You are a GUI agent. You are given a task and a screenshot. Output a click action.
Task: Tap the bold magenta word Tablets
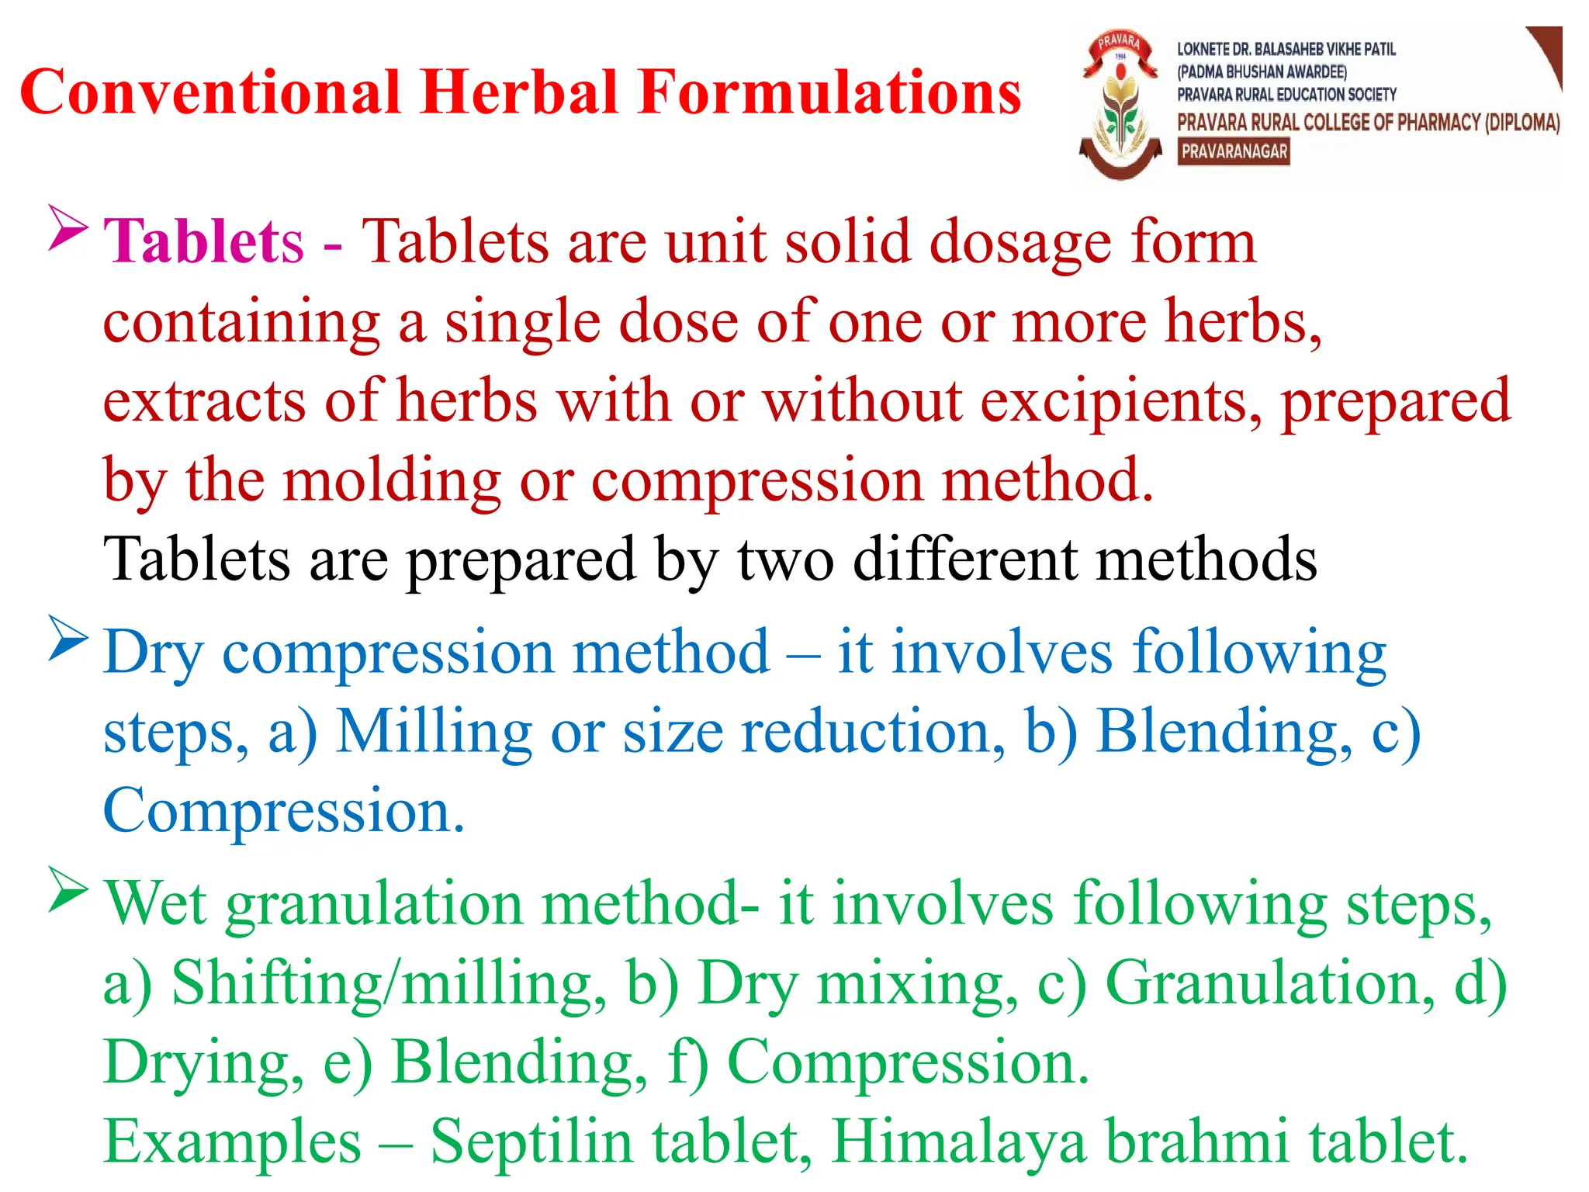click(x=203, y=241)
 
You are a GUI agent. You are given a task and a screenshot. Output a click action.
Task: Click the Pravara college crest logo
click(x=1120, y=105)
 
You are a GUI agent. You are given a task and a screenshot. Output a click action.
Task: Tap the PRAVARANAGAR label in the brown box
click(x=1234, y=151)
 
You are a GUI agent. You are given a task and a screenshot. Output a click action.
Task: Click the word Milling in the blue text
click(x=434, y=731)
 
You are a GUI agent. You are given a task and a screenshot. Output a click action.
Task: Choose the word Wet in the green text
click(x=155, y=904)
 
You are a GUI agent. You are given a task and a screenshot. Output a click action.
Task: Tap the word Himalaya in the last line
click(x=958, y=1142)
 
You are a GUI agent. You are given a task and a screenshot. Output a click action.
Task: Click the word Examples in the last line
click(x=233, y=1142)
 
